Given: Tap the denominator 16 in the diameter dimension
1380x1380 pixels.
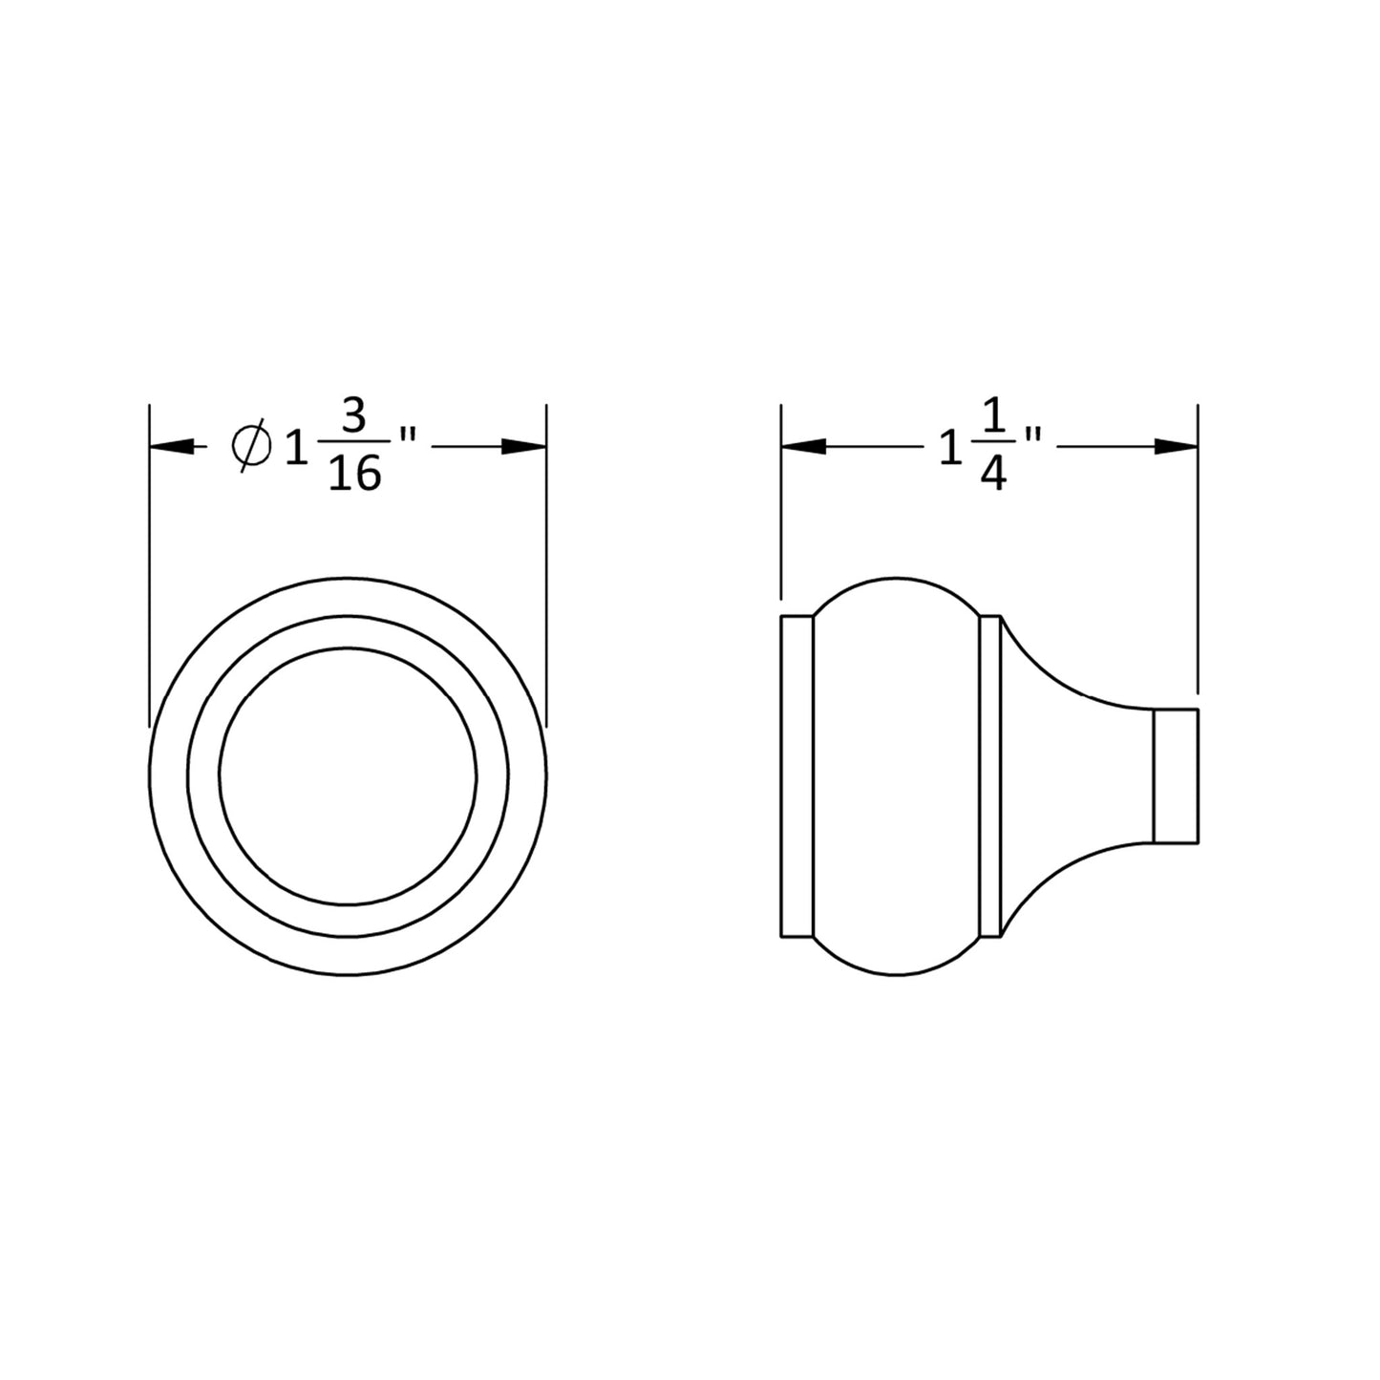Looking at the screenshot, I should click(x=354, y=474).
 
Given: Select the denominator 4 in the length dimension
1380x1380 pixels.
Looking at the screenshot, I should click(x=993, y=474).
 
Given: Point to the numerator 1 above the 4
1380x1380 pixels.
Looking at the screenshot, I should click(x=993, y=419).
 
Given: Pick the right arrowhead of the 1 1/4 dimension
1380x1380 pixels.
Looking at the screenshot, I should click(x=1176, y=446).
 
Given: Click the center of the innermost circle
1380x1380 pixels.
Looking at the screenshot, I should click(x=348, y=775).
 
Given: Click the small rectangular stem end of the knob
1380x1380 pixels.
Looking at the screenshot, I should click(x=1176, y=775).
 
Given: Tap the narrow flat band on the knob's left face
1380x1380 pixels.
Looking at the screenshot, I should click(x=796, y=775).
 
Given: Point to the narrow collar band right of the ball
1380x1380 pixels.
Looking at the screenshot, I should click(x=990, y=775).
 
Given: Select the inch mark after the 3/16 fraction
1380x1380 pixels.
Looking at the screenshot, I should click(x=408, y=435).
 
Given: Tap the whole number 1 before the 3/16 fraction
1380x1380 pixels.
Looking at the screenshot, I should click(x=297, y=446).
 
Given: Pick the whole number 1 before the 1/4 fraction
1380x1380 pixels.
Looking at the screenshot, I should click(x=948, y=446).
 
